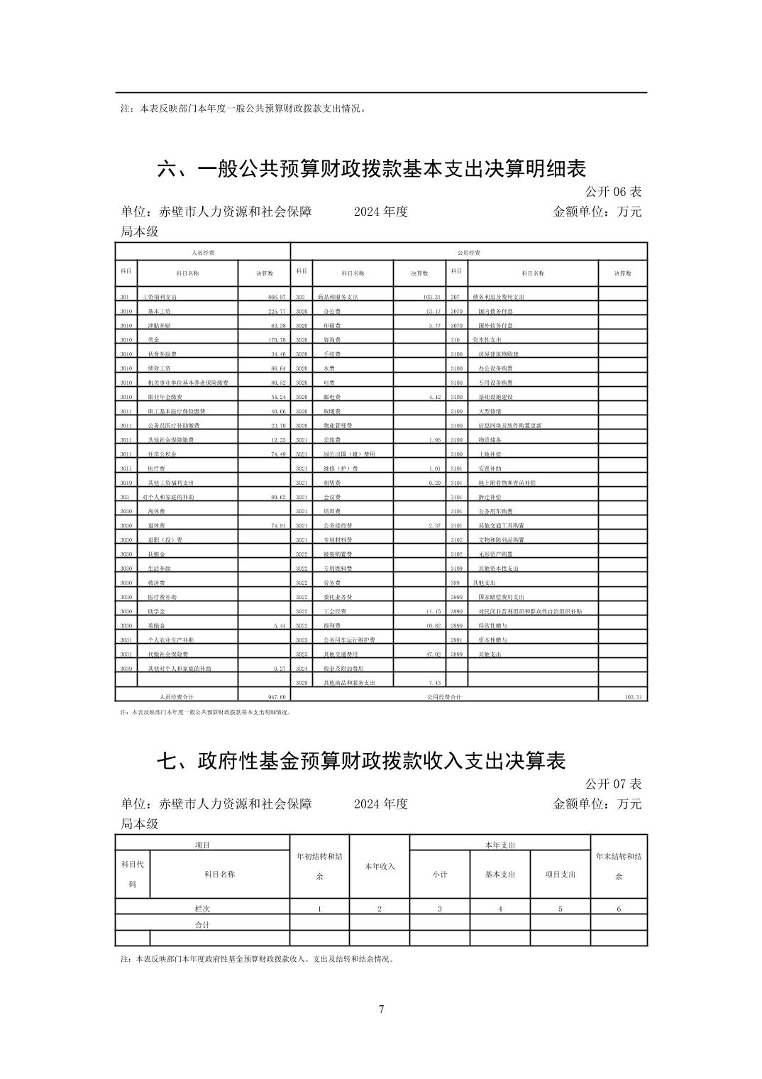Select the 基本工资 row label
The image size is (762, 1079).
[159, 311]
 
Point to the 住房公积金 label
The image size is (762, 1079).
[162, 454]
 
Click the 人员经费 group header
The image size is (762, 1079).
[203, 252]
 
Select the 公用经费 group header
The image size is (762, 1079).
[469, 252]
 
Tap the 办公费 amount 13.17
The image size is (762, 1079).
[433, 311]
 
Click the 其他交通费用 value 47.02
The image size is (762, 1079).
[433, 654]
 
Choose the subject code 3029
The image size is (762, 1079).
[302, 683]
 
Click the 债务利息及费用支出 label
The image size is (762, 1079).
[498, 297]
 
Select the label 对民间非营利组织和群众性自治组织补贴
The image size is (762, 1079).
[530, 611]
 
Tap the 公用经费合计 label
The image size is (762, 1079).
[444, 697]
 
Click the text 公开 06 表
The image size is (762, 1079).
[613, 192]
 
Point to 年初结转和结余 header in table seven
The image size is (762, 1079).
[319, 866]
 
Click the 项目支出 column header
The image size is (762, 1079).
[561, 874]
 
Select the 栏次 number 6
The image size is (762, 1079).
[619, 909]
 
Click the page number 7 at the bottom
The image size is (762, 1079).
[382, 1009]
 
